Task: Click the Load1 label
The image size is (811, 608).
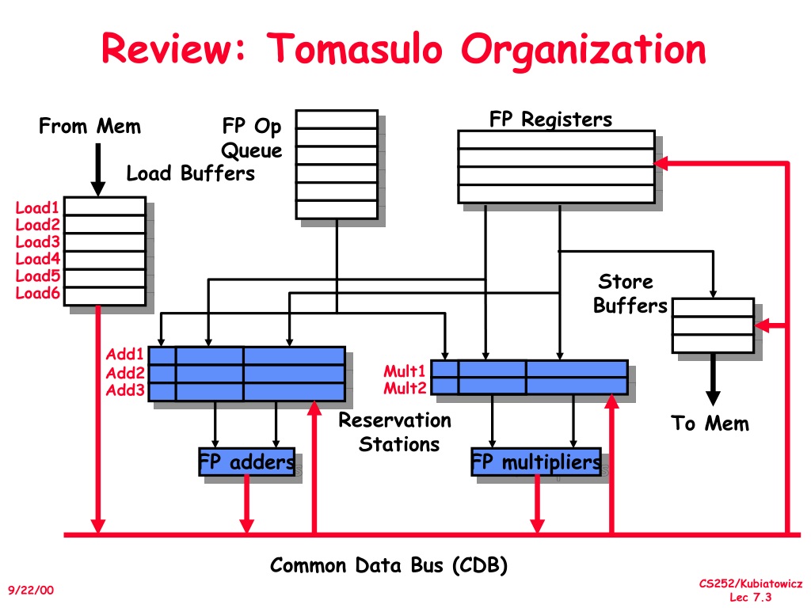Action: click(x=37, y=208)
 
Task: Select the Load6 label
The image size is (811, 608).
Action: click(x=37, y=293)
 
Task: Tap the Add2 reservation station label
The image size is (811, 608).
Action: click(x=125, y=373)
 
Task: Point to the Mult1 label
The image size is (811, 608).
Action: click(x=405, y=370)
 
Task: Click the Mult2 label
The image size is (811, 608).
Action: click(x=405, y=388)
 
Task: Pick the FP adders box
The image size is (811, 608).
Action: click(x=247, y=462)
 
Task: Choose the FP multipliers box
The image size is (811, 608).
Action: click(x=536, y=462)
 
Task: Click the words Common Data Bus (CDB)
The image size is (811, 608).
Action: click(x=388, y=565)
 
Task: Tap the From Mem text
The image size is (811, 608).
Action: click(x=90, y=126)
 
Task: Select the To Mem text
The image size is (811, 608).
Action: click(x=710, y=424)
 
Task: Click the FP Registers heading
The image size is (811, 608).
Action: click(x=550, y=119)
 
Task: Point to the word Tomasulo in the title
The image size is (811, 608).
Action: click(x=355, y=48)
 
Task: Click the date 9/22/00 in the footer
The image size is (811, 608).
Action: click(x=31, y=590)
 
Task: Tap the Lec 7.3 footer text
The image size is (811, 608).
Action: click(x=751, y=597)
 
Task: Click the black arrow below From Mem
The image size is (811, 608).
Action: click(x=97, y=169)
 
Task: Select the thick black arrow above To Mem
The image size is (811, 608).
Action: click(x=713, y=379)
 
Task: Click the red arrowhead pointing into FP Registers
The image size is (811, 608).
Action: click(x=661, y=163)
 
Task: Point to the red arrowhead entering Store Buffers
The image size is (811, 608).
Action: click(x=761, y=325)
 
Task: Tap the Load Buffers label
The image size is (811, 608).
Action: click(x=191, y=173)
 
